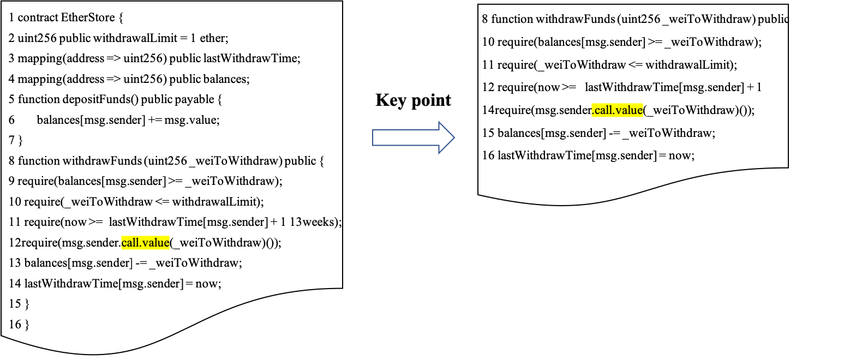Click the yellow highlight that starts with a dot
click(x=617, y=110)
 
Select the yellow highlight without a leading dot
click(x=145, y=243)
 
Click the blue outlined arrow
click(x=413, y=137)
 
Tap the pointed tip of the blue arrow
click(x=454, y=137)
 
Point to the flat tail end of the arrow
click(x=373, y=137)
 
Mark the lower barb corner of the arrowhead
click(x=439, y=153)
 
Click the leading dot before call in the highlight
click(x=593, y=113)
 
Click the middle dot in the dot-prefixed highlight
click(x=614, y=113)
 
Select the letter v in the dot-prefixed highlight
click(x=618, y=111)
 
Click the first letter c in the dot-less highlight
click(x=124, y=243)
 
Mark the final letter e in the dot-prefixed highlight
click(x=640, y=111)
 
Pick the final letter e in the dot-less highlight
click(x=166, y=243)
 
